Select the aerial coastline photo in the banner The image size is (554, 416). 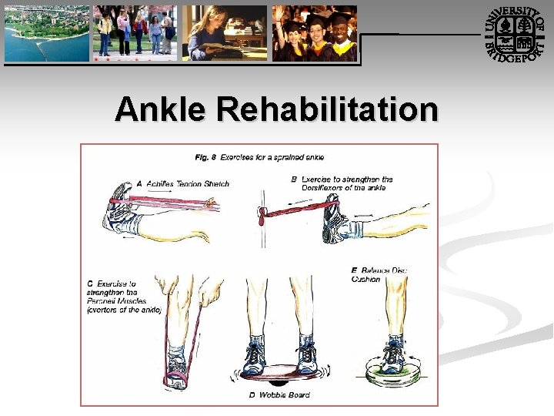tap(47, 32)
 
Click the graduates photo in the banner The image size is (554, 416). tap(315, 33)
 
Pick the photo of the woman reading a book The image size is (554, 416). tap(225, 33)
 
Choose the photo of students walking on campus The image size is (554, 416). tap(135, 33)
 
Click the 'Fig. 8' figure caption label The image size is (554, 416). tap(205, 158)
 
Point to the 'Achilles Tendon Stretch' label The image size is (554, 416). tap(182, 183)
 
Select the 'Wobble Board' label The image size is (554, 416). tap(279, 395)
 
